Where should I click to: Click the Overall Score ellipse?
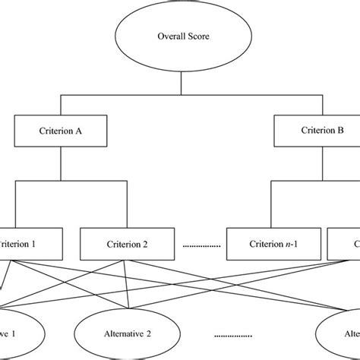pos(180,36)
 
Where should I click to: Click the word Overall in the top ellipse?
pos(169,36)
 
